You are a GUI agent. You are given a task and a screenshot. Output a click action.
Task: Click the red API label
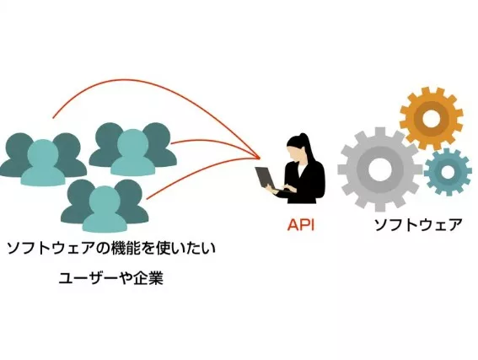tap(300, 225)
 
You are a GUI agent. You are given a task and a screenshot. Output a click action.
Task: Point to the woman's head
tap(297, 145)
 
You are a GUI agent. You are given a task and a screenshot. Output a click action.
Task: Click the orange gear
tap(431, 116)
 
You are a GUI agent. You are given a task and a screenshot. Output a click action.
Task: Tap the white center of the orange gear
tap(431, 116)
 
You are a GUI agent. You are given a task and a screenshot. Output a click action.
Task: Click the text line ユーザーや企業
tap(110, 277)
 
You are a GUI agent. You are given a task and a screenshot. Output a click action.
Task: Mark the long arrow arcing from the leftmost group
tap(152, 85)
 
